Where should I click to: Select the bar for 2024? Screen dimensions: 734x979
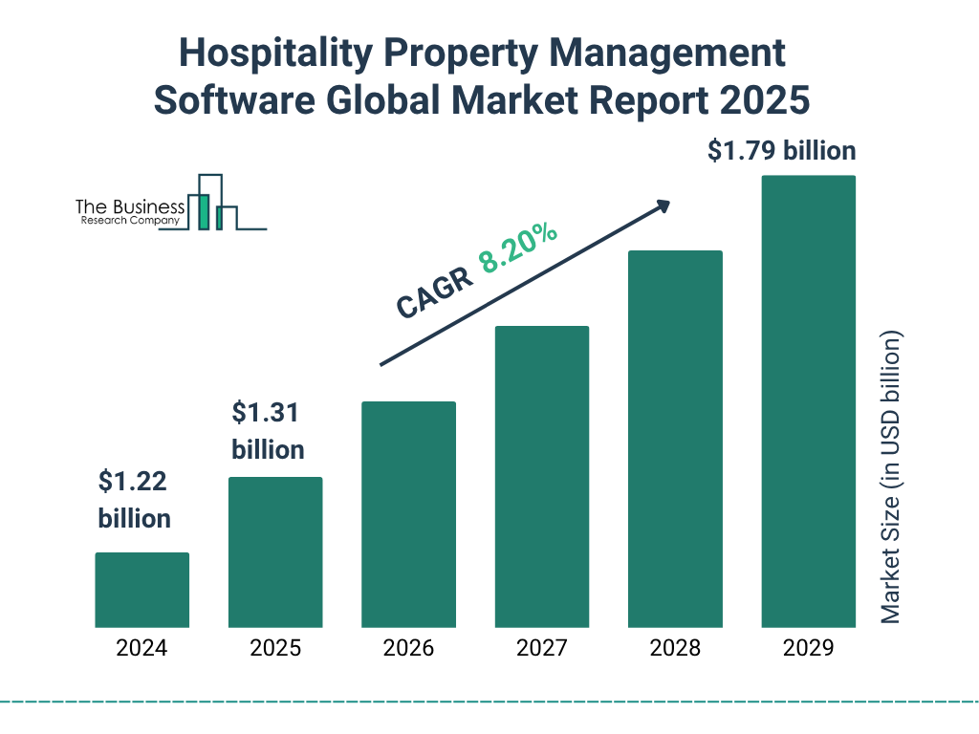coord(141,590)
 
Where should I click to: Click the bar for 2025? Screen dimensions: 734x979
coord(275,551)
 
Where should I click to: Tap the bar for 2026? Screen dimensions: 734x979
coord(408,514)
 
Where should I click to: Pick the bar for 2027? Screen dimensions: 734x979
coord(541,476)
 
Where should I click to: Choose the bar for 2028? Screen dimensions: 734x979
coord(675,439)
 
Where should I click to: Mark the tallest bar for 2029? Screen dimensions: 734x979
coord(808,401)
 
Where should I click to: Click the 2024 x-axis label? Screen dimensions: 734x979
coord(141,648)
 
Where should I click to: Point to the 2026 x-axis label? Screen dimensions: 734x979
coord(408,648)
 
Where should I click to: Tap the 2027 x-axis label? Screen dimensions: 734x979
coord(541,648)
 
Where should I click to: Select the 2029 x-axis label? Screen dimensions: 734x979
coord(808,648)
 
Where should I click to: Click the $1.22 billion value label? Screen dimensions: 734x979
coord(134,500)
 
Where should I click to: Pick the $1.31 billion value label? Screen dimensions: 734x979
coord(268,431)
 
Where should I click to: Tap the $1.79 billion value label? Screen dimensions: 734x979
coord(781,151)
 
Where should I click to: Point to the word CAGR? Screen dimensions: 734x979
coord(433,292)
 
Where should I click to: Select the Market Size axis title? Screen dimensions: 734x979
coord(891,478)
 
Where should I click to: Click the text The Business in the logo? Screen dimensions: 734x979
coord(130,206)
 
